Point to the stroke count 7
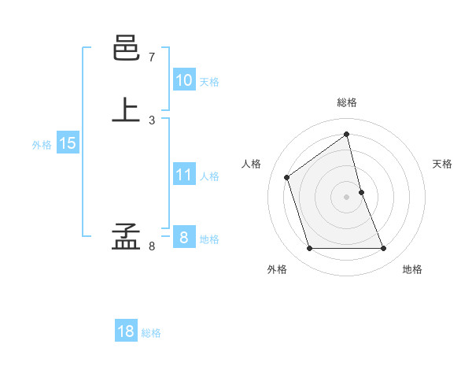click(152, 57)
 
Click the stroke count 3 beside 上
click(152, 120)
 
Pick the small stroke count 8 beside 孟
click(152, 246)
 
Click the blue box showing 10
click(183, 80)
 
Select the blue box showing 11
click(183, 176)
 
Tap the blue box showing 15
click(68, 143)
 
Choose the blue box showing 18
click(126, 331)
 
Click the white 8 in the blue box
click(183, 238)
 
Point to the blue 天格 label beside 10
click(209, 82)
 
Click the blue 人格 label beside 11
click(209, 176)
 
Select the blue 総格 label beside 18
click(151, 333)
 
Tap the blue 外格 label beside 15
click(42, 145)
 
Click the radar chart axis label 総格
click(347, 102)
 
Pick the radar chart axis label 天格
click(442, 164)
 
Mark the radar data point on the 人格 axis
click(286, 177)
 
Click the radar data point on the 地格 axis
click(384, 249)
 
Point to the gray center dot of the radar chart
click(347, 197)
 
